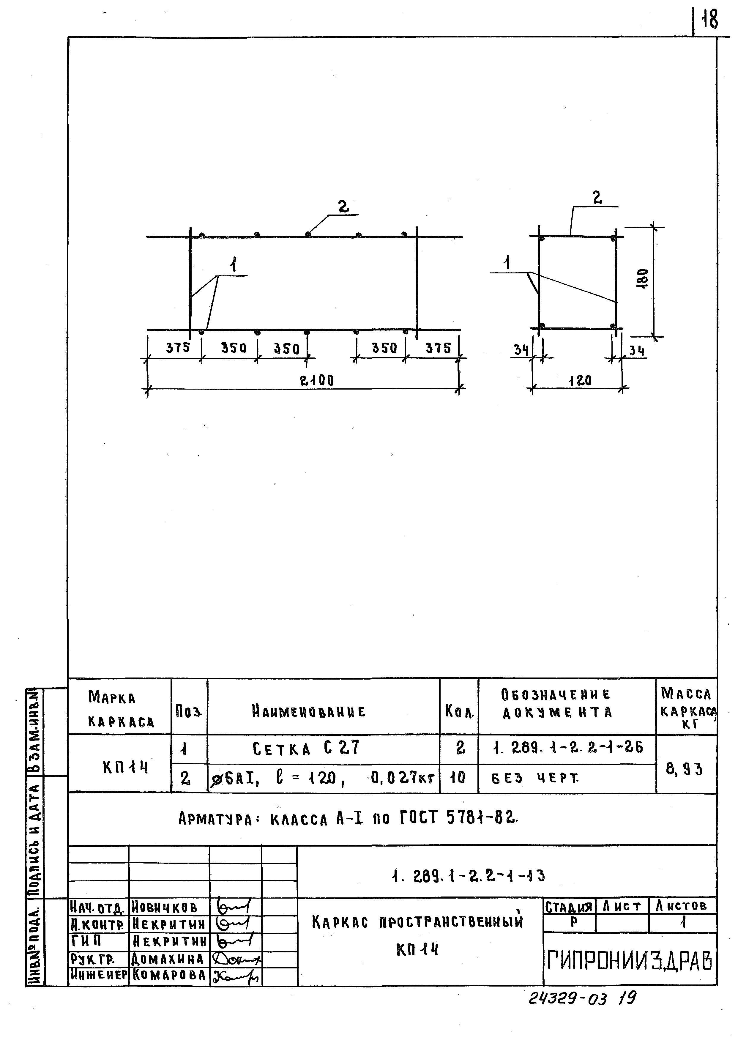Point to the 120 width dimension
click(580, 380)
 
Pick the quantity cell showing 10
click(458, 778)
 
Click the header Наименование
click(309, 711)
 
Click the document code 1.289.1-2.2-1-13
click(468, 875)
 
